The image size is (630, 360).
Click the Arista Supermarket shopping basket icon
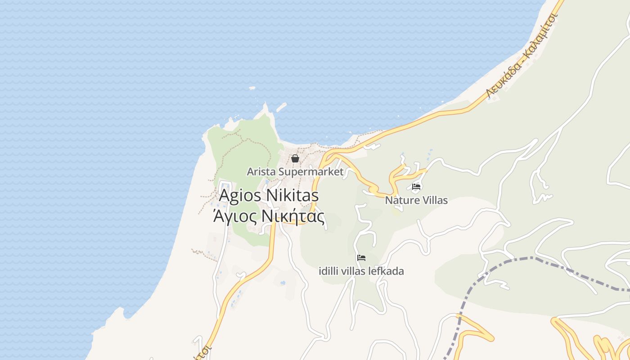295,158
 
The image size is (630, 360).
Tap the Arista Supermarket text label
295,172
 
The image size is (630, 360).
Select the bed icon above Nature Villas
416,186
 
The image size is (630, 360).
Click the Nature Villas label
416,200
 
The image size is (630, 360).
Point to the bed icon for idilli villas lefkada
361,258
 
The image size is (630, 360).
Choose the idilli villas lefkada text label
361,271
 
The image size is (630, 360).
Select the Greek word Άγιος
234,217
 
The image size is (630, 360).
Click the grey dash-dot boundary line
531,258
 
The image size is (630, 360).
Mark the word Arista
261,172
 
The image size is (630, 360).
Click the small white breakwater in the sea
281,108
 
